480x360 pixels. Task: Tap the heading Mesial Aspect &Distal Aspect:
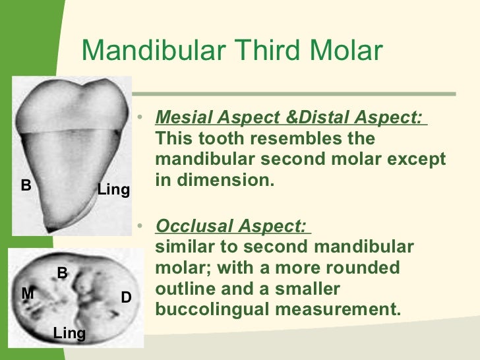tap(290, 119)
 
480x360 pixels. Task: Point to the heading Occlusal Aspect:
tap(231, 226)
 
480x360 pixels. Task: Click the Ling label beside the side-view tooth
tap(113, 190)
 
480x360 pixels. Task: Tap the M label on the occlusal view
tap(28, 293)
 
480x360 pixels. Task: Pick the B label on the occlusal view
tap(62, 272)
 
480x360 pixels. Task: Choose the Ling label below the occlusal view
tap(69, 333)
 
